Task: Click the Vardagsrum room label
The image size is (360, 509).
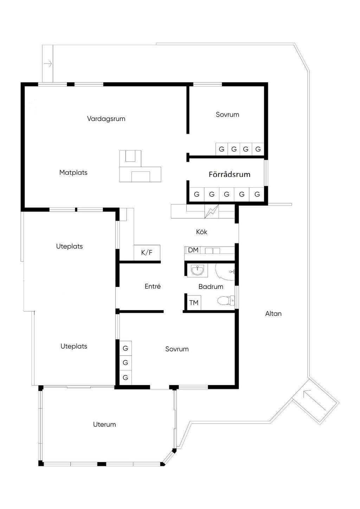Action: (106, 118)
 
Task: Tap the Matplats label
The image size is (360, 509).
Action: (73, 173)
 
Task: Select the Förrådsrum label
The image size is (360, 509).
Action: (230, 174)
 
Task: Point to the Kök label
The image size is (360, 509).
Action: (201, 232)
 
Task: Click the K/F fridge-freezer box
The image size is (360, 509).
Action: (147, 252)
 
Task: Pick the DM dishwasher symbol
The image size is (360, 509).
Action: (193, 250)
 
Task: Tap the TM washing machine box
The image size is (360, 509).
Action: (194, 303)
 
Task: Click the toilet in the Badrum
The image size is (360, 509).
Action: (226, 301)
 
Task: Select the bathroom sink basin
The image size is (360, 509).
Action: (197, 271)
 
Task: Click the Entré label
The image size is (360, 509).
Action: (153, 286)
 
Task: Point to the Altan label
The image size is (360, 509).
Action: (274, 314)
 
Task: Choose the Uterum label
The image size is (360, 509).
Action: (104, 425)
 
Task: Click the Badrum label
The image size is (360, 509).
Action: (211, 286)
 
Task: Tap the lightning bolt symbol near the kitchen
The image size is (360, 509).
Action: (211, 212)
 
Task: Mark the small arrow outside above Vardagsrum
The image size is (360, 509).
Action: (48, 64)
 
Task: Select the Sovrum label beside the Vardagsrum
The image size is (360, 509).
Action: (227, 115)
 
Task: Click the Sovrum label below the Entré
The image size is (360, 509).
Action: (177, 349)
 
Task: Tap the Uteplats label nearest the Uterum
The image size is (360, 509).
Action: (74, 346)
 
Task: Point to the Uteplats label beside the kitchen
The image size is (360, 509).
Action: (69, 246)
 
